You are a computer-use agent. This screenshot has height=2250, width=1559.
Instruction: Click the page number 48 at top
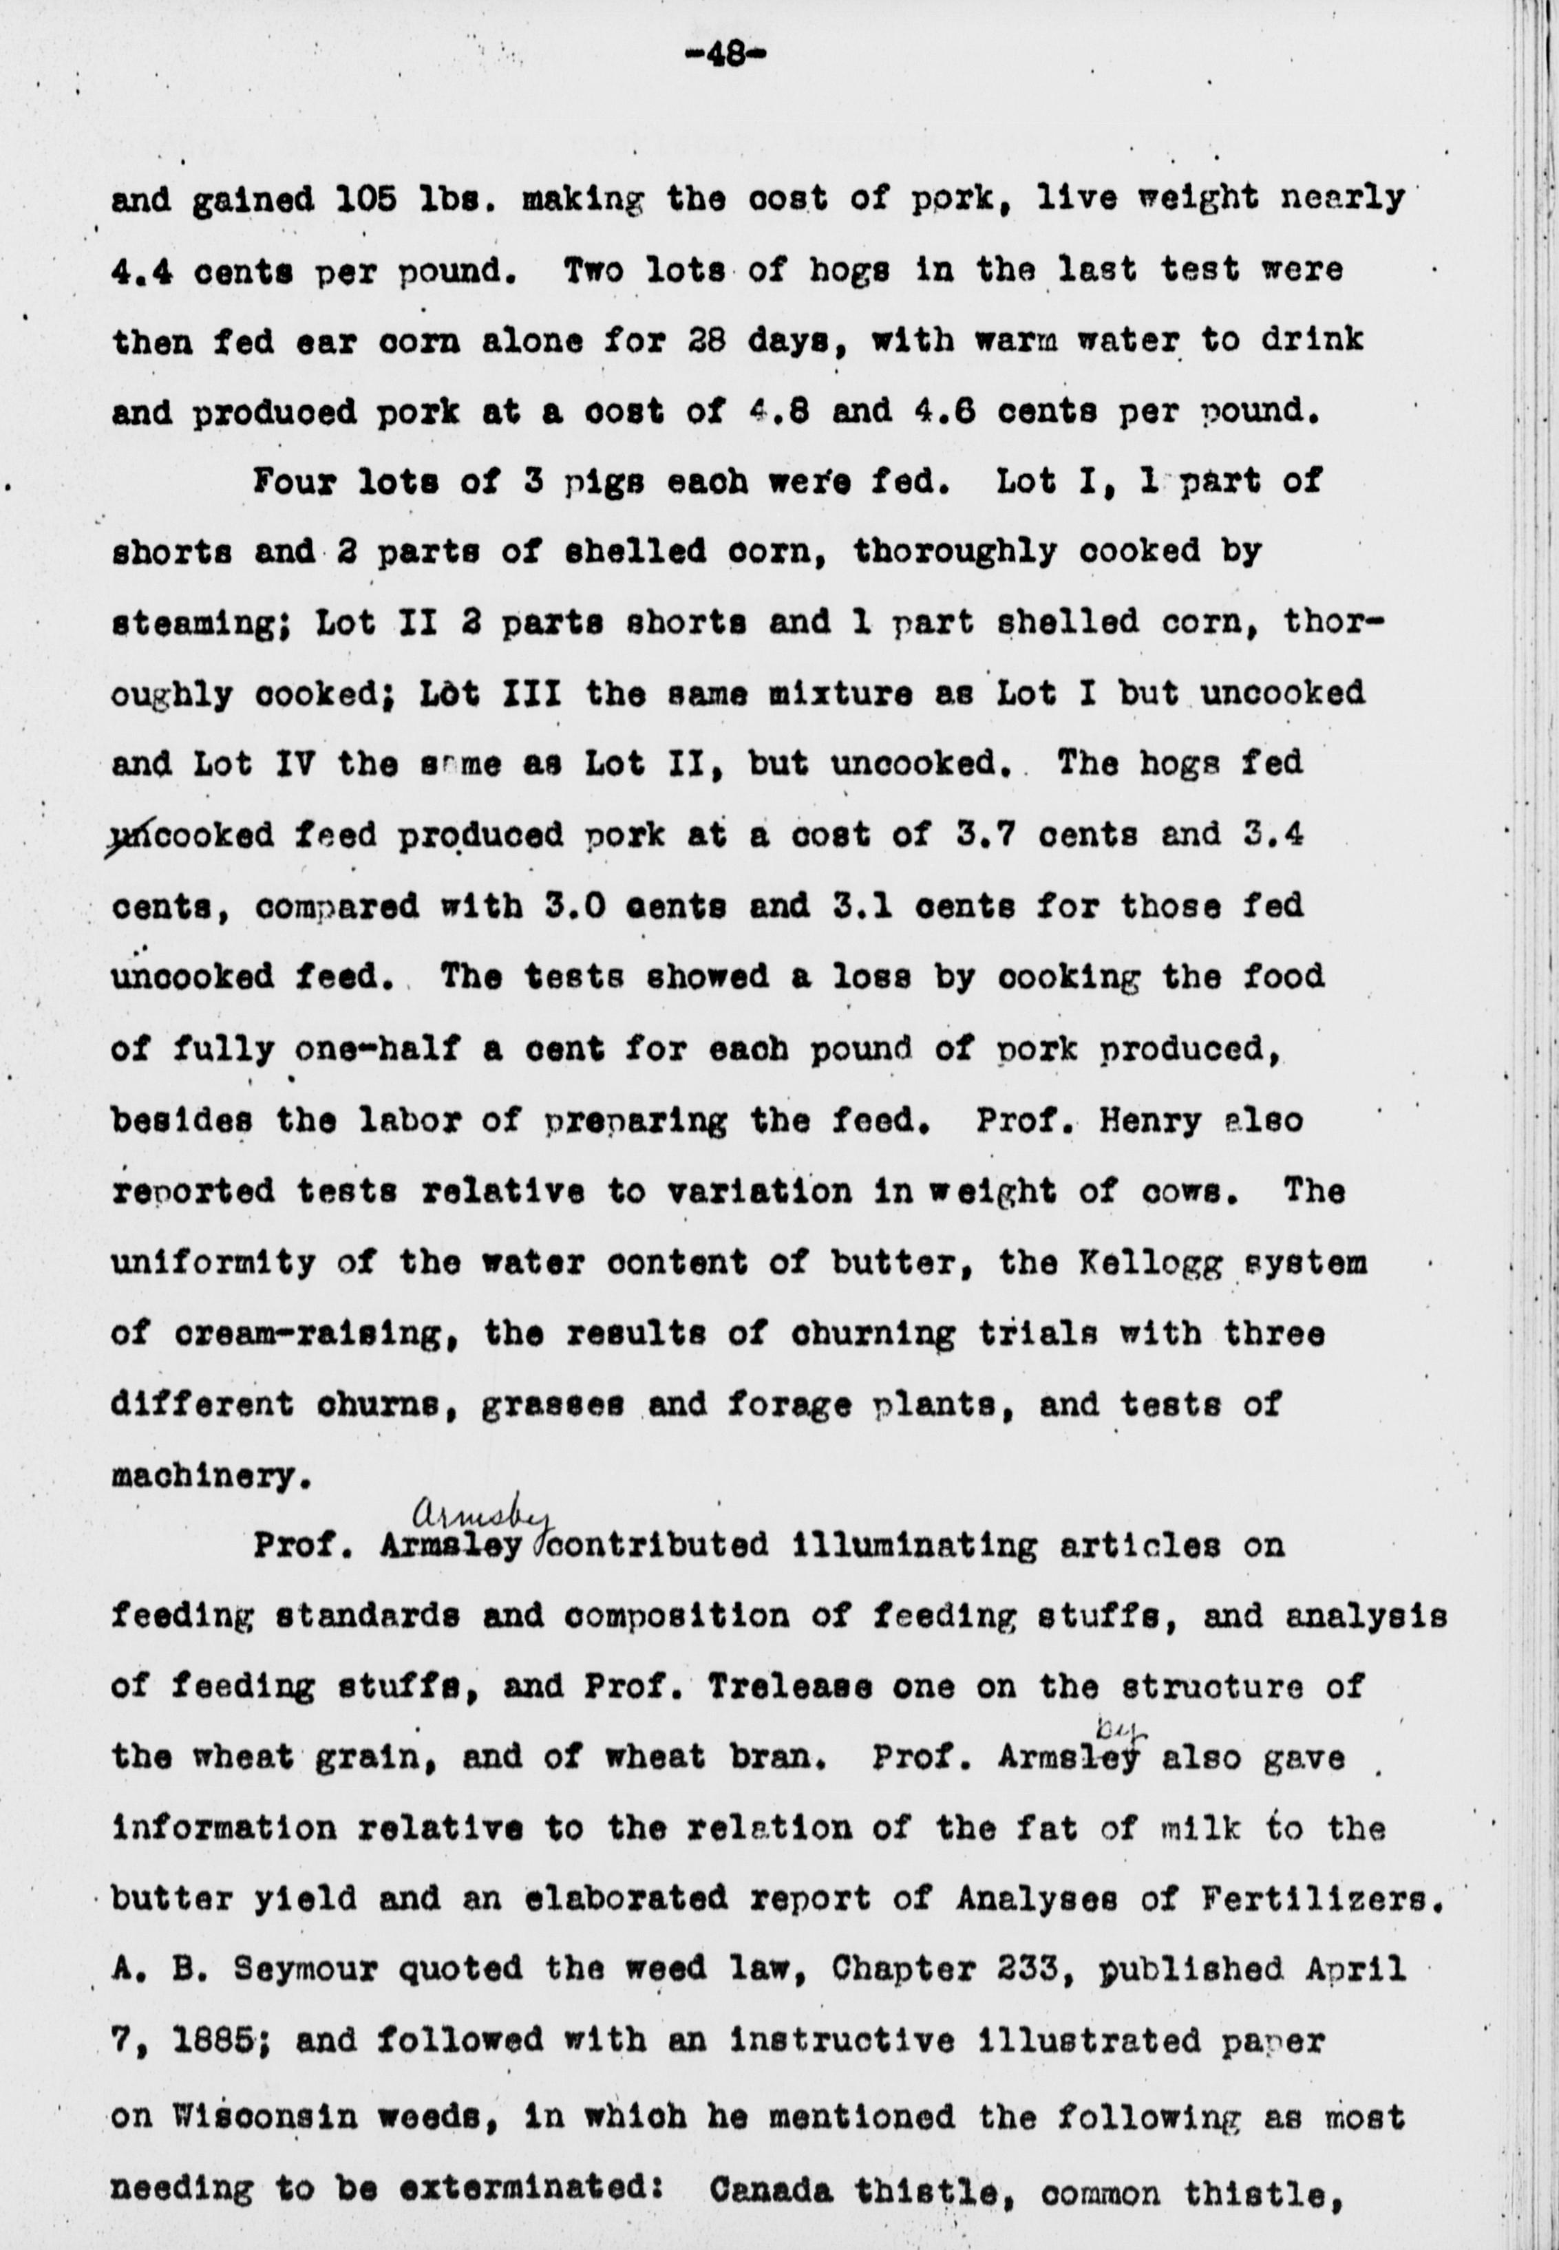pyautogui.click(x=724, y=56)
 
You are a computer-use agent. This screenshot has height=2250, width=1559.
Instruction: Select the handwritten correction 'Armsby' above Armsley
pyautogui.click(x=482, y=1516)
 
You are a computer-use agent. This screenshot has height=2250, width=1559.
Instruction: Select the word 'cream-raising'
pyautogui.click(x=315, y=1335)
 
